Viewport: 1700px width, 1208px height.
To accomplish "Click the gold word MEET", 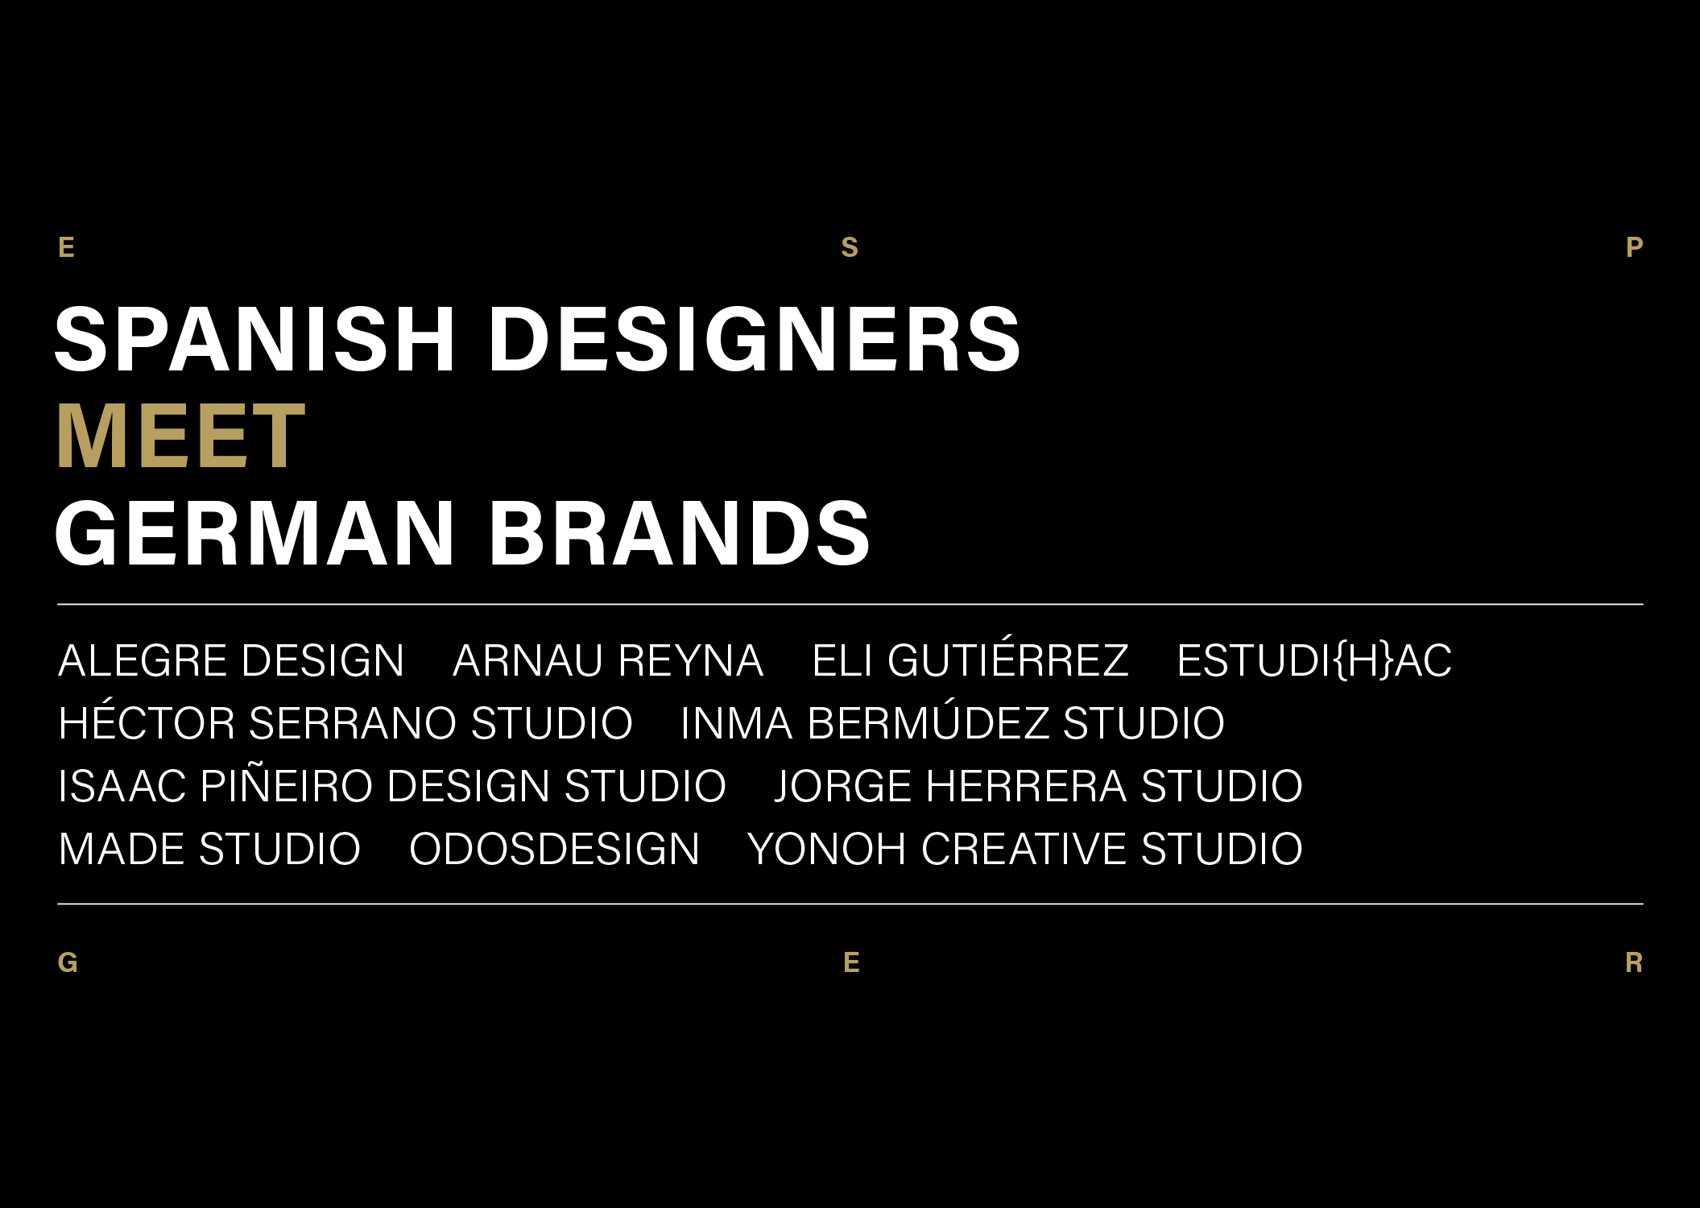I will (x=180, y=436).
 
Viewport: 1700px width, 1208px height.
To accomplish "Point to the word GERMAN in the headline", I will (x=254, y=533).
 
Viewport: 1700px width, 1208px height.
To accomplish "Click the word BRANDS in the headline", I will (x=679, y=533).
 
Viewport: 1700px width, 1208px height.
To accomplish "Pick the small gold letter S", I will (x=850, y=247).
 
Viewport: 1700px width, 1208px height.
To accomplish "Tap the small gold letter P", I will (x=1634, y=247).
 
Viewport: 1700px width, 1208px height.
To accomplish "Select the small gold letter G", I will (x=68, y=962).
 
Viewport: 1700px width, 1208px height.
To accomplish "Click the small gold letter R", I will (x=1634, y=962).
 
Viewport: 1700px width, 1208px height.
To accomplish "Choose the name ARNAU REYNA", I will (x=608, y=661).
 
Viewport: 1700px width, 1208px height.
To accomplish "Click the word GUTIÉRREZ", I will (x=1008, y=660).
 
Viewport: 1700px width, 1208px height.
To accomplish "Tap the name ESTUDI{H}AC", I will (x=1314, y=661).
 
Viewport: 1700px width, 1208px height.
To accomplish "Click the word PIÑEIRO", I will (x=287, y=785).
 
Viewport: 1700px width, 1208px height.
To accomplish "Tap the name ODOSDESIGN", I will (x=554, y=849).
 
